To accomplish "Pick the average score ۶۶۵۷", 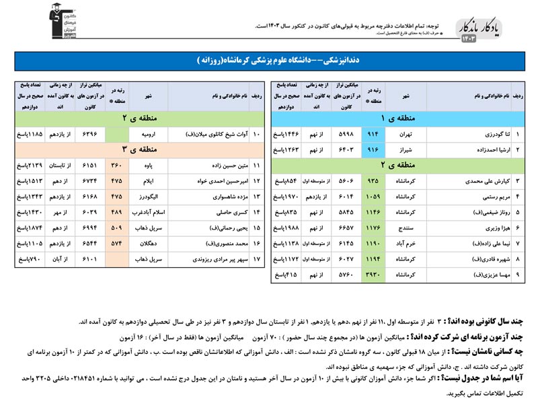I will click(346, 227).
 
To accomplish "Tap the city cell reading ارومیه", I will click(148, 134).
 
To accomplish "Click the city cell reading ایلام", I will click(148, 180).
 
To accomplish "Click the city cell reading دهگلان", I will click(148, 243).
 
